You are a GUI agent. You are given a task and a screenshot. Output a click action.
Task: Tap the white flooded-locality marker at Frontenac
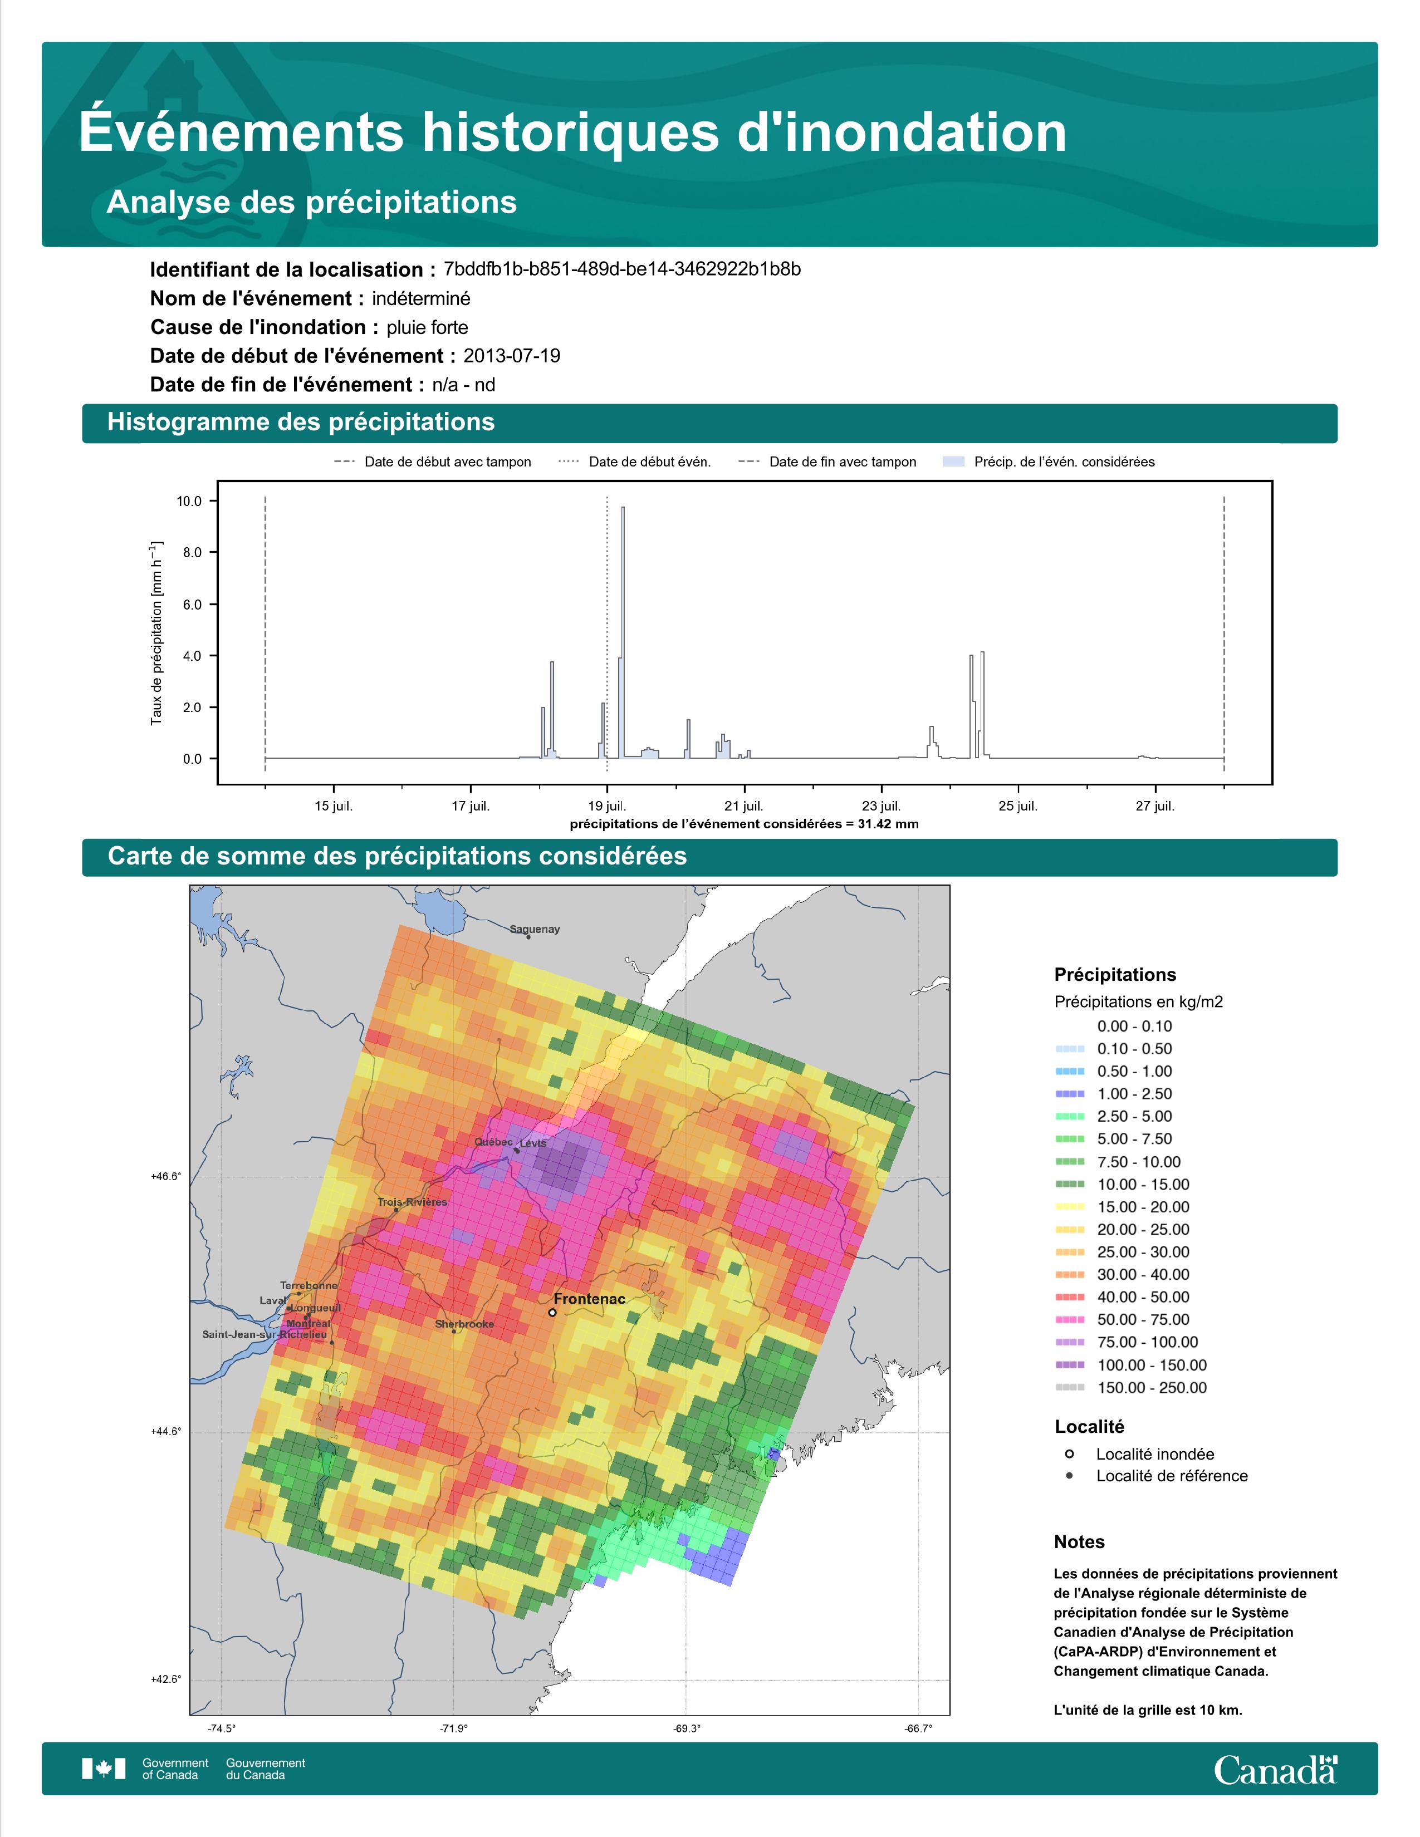(552, 1312)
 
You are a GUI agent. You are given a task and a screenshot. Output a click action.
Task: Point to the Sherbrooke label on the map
(464, 1324)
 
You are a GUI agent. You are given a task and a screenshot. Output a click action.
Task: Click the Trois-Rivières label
(412, 1202)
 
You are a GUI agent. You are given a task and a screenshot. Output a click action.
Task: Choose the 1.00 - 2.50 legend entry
(1134, 1093)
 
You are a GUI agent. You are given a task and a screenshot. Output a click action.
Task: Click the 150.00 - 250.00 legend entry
(1151, 1388)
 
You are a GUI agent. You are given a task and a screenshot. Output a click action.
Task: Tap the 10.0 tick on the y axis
(189, 502)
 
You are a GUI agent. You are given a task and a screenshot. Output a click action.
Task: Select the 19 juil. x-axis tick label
(606, 806)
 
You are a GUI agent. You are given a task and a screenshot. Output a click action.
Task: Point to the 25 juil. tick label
(1018, 806)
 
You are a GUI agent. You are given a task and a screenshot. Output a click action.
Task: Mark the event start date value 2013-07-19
(511, 356)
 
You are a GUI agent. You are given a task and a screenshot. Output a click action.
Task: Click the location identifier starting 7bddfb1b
(621, 269)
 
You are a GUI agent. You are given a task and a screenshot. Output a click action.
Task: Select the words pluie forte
(427, 327)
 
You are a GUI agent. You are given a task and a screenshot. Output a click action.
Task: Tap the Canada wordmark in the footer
(1275, 1769)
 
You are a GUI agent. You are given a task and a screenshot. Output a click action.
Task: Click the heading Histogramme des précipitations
(301, 423)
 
